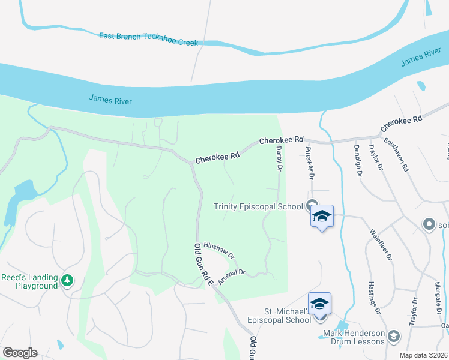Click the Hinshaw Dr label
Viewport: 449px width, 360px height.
pos(218,247)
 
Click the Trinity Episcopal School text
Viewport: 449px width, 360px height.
pos(259,207)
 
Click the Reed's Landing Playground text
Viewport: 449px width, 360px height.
pos(29,281)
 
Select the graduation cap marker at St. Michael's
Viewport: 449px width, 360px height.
pos(320,303)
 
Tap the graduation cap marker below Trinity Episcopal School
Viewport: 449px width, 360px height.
pos(322,216)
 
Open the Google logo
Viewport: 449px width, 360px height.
pos(20,353)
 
